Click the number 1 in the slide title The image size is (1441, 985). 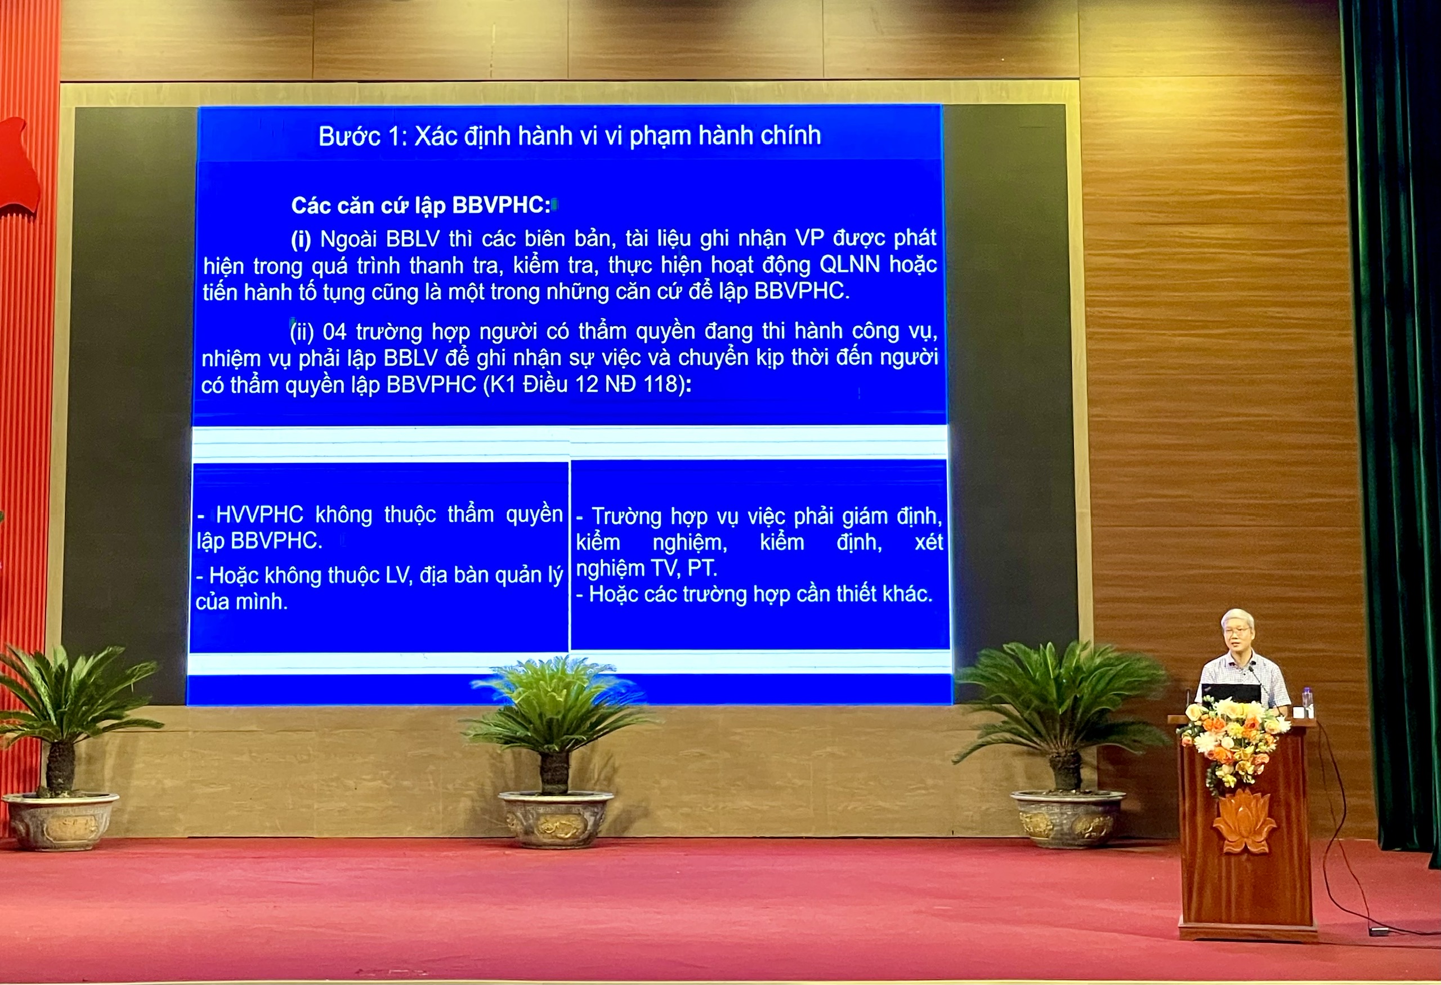click(395, 136)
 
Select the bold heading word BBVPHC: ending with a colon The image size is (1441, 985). click(501, 206)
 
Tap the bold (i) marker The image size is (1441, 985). click(301, 239)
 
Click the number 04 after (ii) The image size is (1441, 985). click(334, 332)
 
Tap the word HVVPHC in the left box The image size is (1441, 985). click(259, 514)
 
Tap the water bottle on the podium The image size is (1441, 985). click(1307, 702)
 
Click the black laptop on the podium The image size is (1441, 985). click(1231, 693)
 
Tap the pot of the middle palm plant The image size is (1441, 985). click(556, 819)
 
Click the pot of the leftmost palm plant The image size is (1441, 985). click(61, 821)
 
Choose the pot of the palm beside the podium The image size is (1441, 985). click(1067, 819)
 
